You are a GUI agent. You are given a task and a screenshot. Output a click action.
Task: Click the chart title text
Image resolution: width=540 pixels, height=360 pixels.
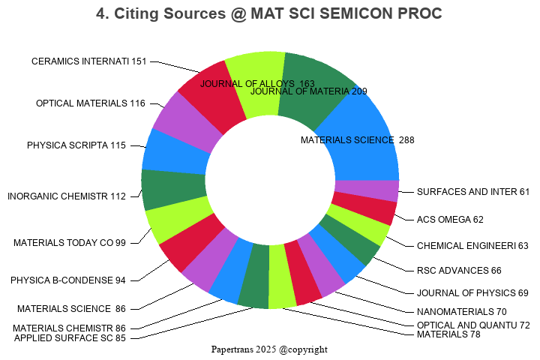tap(269, 13)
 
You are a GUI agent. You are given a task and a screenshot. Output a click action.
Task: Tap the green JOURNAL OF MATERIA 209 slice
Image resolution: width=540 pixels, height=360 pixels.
tap(315, 86)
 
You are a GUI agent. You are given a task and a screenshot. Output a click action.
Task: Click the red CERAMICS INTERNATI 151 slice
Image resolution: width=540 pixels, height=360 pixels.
tap(211, 97)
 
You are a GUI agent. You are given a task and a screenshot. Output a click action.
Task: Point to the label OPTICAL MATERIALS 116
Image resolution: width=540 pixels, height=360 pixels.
tap(91, 103)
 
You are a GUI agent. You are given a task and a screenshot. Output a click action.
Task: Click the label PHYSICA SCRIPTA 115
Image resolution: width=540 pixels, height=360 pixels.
tap(76, 145)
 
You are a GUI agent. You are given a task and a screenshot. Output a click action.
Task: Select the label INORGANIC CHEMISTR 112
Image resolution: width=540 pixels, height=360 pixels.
tap(67, 197)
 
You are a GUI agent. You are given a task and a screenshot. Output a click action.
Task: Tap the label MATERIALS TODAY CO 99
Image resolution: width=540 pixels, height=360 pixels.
tap(70, 243)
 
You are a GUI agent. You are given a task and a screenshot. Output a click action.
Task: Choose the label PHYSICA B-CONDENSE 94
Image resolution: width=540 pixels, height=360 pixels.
tap(68, 280)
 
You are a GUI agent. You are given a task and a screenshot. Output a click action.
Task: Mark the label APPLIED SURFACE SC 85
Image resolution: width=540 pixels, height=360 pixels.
tap(70, 338)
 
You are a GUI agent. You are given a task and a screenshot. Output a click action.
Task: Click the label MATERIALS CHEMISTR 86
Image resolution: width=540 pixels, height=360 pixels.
tap(69, 328)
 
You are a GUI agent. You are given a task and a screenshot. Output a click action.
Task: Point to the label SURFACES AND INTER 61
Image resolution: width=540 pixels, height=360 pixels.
tap(473, 192)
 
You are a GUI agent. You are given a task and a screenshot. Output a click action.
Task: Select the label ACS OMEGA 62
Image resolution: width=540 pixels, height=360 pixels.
tap(450, 220)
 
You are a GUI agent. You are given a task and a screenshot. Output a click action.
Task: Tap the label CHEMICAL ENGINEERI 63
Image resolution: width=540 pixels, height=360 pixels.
tap(472, 246)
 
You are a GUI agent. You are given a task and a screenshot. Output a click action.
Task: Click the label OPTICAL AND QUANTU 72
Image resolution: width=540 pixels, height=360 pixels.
tap(473, 325)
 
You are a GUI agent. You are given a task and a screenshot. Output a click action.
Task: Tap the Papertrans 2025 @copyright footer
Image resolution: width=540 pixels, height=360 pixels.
tap(269, 349)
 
